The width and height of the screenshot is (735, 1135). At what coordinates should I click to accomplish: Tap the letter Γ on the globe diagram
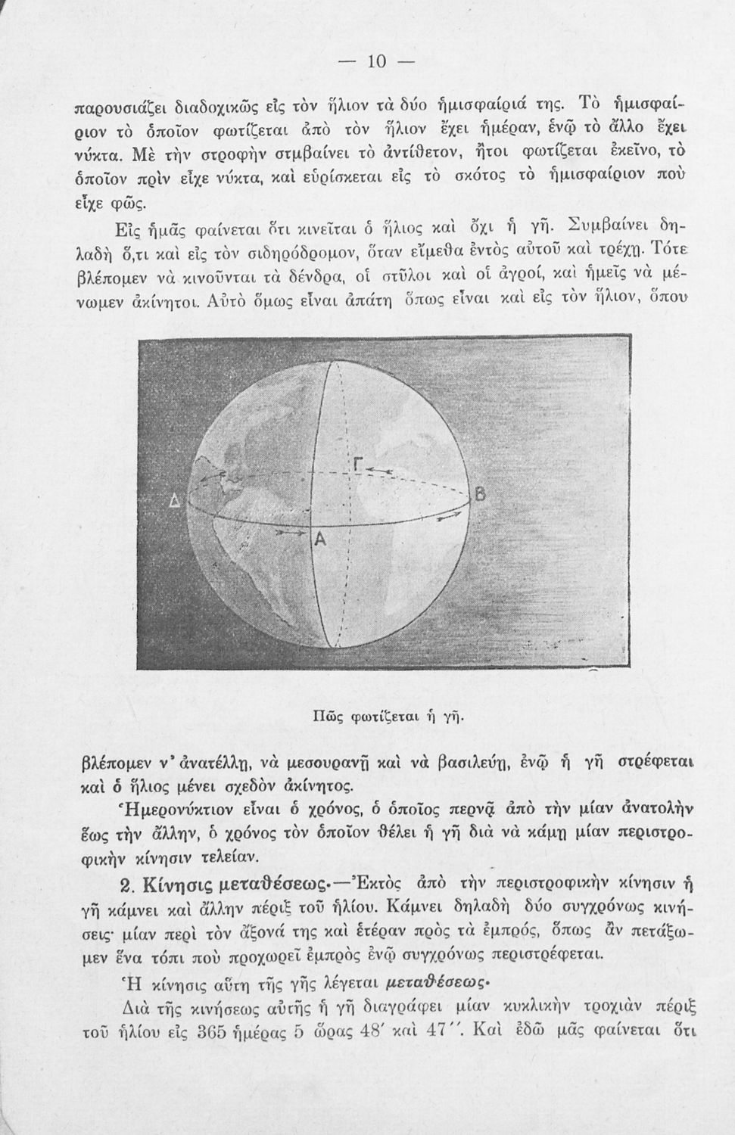point(356,465)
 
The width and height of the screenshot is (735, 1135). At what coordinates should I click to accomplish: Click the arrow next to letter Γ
point(378,471)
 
